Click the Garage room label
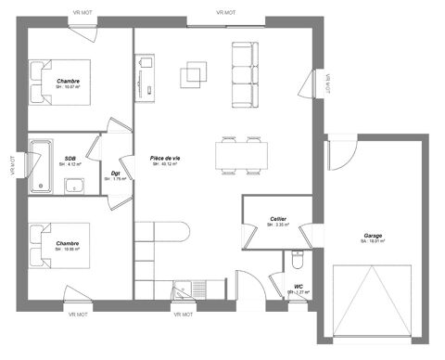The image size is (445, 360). tap(373, 236)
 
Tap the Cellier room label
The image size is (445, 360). tap(277, 219)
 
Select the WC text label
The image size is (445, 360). tap(298, 287)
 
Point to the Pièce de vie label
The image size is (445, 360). tap(165, 159)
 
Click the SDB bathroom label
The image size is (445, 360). tap(70, 159)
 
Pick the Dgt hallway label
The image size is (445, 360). tap(116, 173)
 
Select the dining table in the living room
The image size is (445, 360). tap(241, 155)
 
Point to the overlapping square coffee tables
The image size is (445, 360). tap(195, 72)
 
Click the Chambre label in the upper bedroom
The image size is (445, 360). tap(68, 81)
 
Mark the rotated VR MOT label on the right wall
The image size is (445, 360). tap(327, 83)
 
